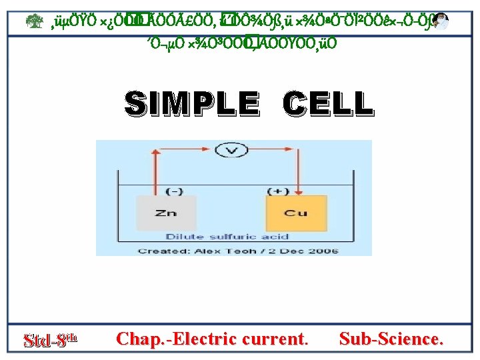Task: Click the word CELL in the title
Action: (x=327, y=104)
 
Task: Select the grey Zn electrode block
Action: (x=167, y=213)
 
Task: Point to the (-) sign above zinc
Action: (x=175, y=191)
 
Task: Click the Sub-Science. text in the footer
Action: (x=390, y=339)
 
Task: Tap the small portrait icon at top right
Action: (x=440, y=22)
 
